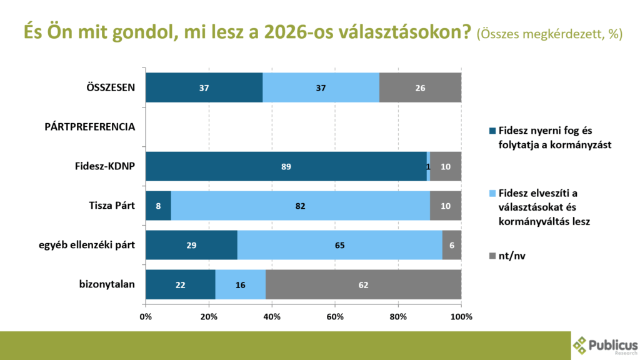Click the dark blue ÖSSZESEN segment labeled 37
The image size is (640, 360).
click(204, 87)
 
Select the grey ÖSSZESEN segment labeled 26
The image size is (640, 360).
click(420, 87)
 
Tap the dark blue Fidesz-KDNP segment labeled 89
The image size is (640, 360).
click(286, 167)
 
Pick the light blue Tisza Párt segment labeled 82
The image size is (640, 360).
click(301, 206)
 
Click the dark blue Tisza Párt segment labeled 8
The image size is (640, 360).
click(158, 206)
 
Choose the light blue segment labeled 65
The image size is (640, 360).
click(339, 246)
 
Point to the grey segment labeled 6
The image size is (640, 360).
click(452, 246)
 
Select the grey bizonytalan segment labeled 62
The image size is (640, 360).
click(363, 285)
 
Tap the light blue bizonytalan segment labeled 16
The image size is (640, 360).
click(240, 285)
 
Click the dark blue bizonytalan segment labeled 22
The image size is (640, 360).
click(181, 285)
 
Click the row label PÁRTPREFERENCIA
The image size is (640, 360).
click(90, 127)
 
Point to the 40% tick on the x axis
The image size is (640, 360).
click(272, 317)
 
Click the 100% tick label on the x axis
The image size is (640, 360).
click(461, 317)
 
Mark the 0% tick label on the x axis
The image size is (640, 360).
click(146, 317)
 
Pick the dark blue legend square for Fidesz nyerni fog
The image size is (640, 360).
click(492, 131)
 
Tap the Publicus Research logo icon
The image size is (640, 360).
click(581, 346)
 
